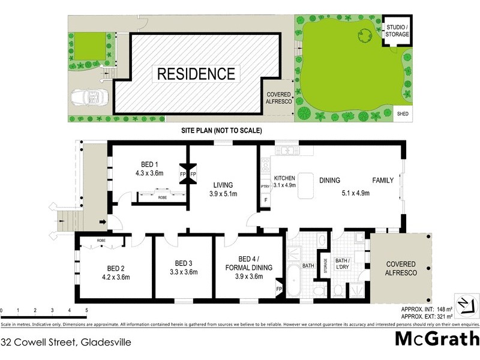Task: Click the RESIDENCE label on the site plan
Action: coord(196,74)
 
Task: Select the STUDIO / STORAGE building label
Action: coord(397,31)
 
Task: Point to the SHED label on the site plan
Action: coord(400,112)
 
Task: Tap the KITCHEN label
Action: coord(284,178)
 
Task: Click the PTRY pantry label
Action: coord(265,187)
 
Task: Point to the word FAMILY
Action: coord(383,180)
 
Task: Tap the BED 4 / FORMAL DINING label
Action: coord(247,267)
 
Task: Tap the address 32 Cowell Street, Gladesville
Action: coord(66,343)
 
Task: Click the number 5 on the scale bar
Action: coord(86,310)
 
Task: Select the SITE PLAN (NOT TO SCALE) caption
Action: coord(222,130)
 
